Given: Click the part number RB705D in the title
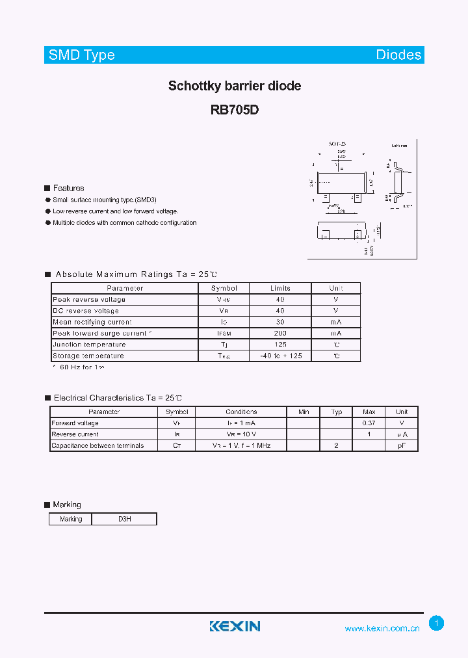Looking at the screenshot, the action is pyautogui.click(x=235, y=110).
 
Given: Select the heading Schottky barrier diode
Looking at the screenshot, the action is pyautogui.click(x=235, y=86).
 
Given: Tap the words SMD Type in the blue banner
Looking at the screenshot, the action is pyautogui.click(x=82, y=55).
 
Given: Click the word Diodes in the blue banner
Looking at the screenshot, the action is pyautogui.click(x=398, y=55).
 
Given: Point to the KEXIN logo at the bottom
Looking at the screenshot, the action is pyautogui.click(x=235, y=626).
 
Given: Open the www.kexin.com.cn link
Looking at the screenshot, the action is pyautogui.click(x=382, y=628).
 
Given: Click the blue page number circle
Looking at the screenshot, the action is pyautogui.click(x=437, y=624).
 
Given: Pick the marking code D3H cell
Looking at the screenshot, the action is pyautogui.click(x=124, y=519).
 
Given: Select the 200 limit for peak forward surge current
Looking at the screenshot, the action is pyautogui.click(x=280, y=333).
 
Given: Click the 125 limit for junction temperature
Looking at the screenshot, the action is pyautogui.click(x=280, y=345).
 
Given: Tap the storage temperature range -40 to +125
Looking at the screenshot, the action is pyautogui.click(x=280, y=356).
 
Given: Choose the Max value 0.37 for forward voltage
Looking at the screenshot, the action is pyautogui.click(x=369, y=423).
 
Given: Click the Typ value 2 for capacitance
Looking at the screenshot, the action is pyautogui.click(x=336, y=446).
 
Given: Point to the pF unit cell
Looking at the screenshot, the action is pyautogui.click(x=402, y=446).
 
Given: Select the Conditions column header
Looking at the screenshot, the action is pyautogui.click(x=241, y=412).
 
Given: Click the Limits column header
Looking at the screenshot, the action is pyautogui.click(x=280, y=288).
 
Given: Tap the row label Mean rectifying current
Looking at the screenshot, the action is pyautogui.click(x=92, y=322).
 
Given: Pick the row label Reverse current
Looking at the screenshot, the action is pyautogui.click(x=75, y=434).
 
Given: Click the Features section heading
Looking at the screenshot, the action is pyautogui.click(x=68, y=188).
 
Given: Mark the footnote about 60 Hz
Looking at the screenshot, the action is pyautogui.click(x=78, y=368).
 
